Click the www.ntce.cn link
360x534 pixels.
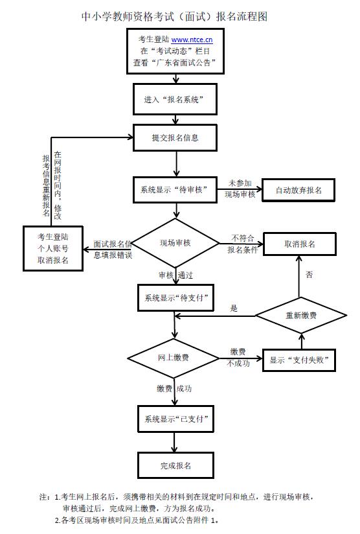pyautogui.click(x=192, y=40)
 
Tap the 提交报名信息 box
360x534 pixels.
pyautogui.click(x=175, y=137)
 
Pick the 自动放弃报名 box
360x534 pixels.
pyautogui.click(x=298, y=191)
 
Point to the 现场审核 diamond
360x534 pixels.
pyautogui.click(x=176, y=243)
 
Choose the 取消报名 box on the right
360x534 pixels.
pyautogui.click(x=299, y=244)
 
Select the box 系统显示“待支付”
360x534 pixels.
pyautogui.click(x=174, y=298)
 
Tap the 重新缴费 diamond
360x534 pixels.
pyautogui.click(x=300, y=316)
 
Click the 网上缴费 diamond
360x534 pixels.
pyautogui.click(x=174, y=357)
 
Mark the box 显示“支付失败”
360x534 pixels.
pyautogui.click(x=299, y=360)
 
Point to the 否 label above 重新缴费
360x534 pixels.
pyautogui.click(x=309, y=275)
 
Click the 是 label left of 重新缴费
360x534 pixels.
pyautogui.click(x=234, y=308)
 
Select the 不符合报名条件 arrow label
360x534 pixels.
pyautogui.click(x=242, y=244)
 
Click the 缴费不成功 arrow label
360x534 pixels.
pyautogui.click(x=238, y=357)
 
